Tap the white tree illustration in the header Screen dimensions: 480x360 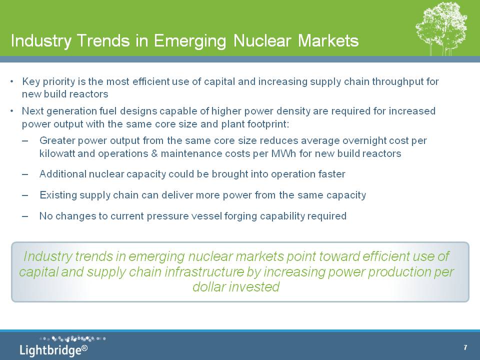441,28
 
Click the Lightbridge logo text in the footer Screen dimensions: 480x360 50,350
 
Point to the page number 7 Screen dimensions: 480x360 465,347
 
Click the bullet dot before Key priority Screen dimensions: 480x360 11,81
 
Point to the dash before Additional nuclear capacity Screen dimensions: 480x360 25,174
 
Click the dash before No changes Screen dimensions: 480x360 25,216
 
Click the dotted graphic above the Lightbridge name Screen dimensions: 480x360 72,339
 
